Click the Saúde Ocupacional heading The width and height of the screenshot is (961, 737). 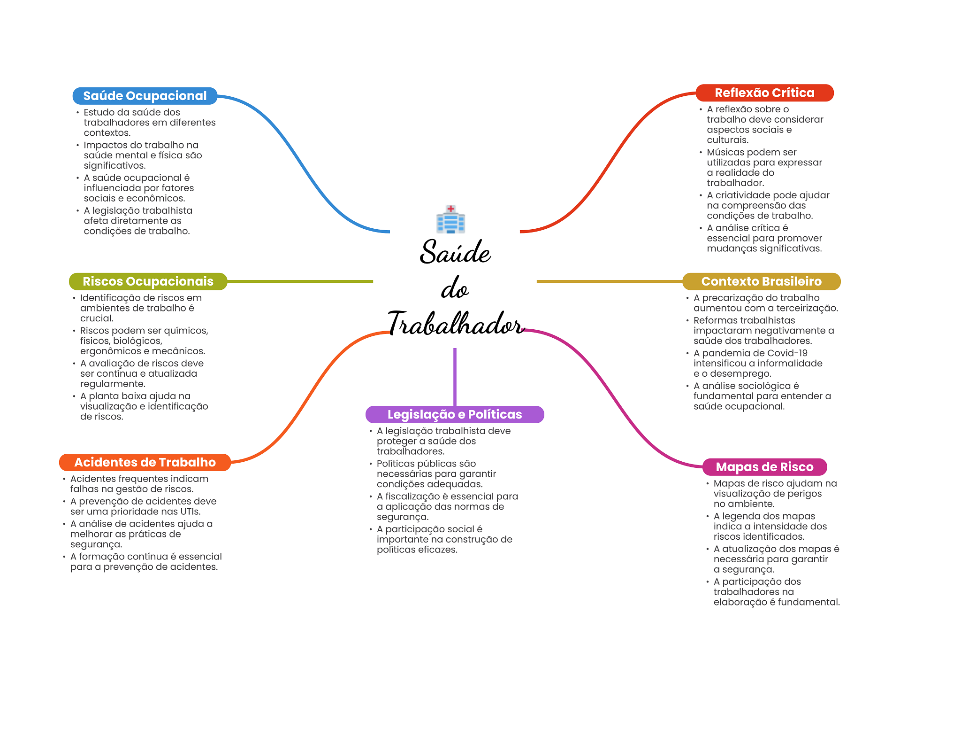(145, 96)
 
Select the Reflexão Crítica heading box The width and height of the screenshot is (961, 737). (764, 93)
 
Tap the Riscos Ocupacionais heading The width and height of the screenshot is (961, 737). (148, 281)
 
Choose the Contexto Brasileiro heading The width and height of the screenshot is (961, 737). (761, 281)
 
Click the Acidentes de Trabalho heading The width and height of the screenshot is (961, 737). (145, 462)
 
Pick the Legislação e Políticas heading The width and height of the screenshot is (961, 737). (454, 414)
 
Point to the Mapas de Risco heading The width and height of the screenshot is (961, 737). (764, 467)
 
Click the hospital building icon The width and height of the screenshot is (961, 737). (450, 219)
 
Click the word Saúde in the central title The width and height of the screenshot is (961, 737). (455, 252)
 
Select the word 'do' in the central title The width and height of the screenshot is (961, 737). (455, 288)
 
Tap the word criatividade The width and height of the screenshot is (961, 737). (744, 195)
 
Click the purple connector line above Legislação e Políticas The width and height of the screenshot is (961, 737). (455, 376)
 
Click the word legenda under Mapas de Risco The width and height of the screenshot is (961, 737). (743, 516)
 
